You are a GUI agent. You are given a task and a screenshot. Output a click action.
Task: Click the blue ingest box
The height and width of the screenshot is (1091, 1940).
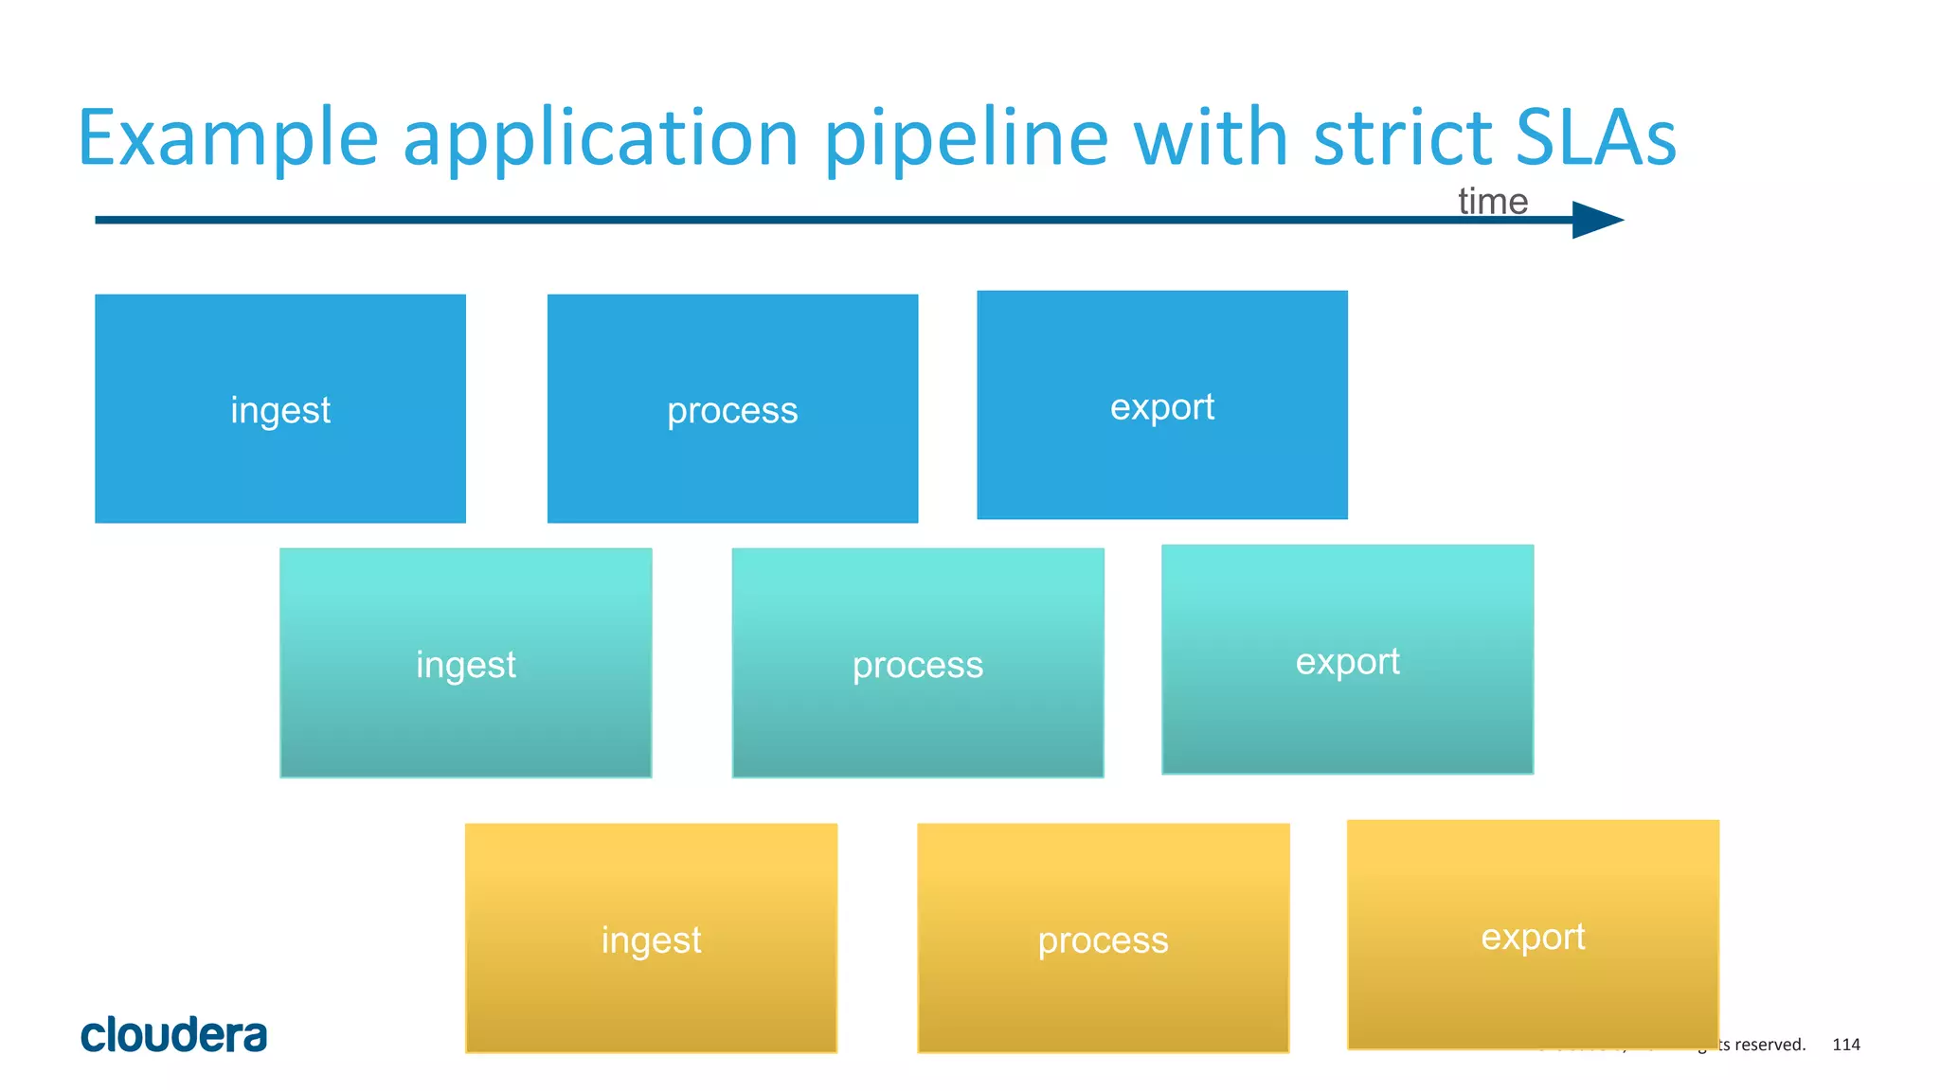point(280,408)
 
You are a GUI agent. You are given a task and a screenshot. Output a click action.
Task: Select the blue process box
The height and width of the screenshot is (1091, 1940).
point(732,408)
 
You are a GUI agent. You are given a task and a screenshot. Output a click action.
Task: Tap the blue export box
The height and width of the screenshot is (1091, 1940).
point(1162,405)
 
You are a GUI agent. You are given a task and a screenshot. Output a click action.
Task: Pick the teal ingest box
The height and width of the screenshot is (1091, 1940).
point(466,663)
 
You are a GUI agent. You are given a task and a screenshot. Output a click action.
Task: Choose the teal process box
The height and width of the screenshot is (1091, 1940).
point(918,663)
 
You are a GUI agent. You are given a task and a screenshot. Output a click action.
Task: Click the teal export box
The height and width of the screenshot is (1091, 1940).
point(1347,659)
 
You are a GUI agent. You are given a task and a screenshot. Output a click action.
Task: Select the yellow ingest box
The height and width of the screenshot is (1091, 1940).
point(651,938)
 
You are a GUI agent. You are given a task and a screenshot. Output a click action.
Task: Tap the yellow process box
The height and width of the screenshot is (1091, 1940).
point(1103,938)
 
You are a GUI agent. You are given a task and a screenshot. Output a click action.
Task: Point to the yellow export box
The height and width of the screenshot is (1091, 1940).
point(1533,935)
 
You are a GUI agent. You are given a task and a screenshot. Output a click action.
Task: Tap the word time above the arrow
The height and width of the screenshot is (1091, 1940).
point(1492,202)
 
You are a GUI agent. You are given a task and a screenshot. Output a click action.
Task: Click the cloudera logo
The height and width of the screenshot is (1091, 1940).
point(174,1034)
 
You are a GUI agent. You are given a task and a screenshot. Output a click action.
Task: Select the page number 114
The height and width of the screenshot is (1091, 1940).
point(1845,1045)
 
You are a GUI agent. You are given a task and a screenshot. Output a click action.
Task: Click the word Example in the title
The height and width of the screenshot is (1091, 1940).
point(227,139)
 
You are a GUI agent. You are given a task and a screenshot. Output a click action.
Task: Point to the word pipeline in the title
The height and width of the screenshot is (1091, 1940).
point(966,139)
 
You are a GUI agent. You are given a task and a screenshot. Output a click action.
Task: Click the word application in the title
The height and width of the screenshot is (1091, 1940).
point(602,139)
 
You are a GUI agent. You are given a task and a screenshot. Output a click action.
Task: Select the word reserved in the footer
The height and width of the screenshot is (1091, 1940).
point(1769,1045)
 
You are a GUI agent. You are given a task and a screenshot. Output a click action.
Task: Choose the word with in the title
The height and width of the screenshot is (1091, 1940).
point(1212,137)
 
